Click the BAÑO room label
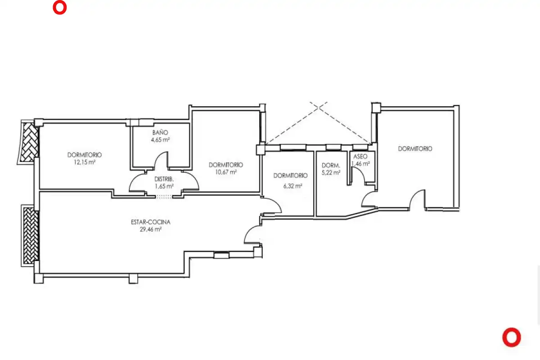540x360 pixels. (x=160, y=132)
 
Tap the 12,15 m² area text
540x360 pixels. (x=85, y=162)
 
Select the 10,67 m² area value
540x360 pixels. (x=226, y=172)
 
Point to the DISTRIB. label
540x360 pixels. (x=164, y=179)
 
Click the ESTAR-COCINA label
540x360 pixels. (x=151, y=222)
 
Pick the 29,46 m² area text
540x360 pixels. (x=151, y=229)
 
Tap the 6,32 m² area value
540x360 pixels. (x=292, y=186)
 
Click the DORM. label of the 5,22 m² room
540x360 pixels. (x=331, y=166)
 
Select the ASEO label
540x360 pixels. (x=360, y=157)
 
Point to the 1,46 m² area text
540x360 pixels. (x=360, y=164)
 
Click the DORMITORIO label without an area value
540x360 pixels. (x=415, y=149)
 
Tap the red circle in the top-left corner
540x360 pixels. (x=60, y=8)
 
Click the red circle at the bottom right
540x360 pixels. (x=512, y=337)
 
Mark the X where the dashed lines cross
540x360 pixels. (x=319, y=108)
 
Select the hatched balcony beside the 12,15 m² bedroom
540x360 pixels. (x=29, y=142)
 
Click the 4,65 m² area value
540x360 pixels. (x=160, y=139)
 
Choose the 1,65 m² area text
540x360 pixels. (x=164, y=186)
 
